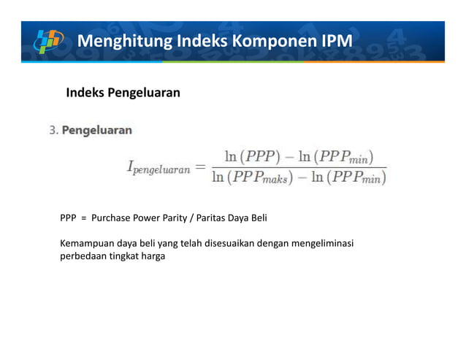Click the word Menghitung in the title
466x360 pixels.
121,39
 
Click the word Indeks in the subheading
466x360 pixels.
85,93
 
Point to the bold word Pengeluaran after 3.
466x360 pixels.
97,131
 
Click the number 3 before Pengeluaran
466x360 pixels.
52,131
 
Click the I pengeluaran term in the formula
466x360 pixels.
158,169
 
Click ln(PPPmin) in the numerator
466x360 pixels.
333,156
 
